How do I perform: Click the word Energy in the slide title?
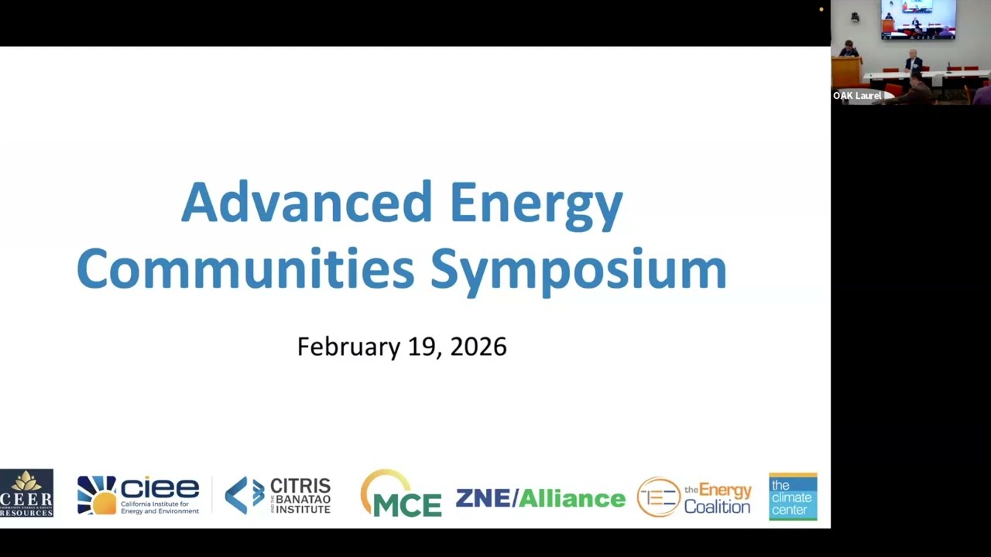click(536, 203)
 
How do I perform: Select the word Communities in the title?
click(245, 269)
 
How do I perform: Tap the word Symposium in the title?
click(578, 270)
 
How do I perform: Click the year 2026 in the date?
click(478, 347)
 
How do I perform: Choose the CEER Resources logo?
click(26, 493)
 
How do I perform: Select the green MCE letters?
click(407, 504)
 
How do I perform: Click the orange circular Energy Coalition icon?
click(658, 497)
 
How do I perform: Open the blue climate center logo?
click(792, 497)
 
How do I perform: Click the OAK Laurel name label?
click(857, 96)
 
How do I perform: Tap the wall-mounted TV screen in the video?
click(917, 19)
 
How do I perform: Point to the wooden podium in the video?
click(846, 70)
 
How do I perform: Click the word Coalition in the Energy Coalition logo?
click(717, 507)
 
